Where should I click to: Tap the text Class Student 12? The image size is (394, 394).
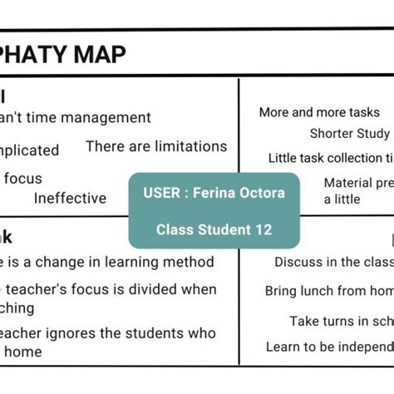pos(214,229)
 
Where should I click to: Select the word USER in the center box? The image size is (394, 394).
pos(159,193)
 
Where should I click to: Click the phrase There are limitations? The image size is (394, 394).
pos(156,146)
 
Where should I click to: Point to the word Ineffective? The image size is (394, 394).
pos(70,198)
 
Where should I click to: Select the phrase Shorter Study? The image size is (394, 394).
pos(349,133)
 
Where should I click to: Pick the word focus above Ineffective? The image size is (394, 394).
pos(22,178)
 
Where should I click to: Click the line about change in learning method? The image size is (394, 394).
pos(107,262)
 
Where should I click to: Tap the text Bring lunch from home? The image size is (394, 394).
pos(329,291)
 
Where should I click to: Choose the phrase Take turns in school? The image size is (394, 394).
pos(341,321)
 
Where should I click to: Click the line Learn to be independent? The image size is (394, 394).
pos(329,347)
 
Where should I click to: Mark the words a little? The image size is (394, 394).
pos(342,199)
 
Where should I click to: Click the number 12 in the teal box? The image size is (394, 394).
pos(263,229)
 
